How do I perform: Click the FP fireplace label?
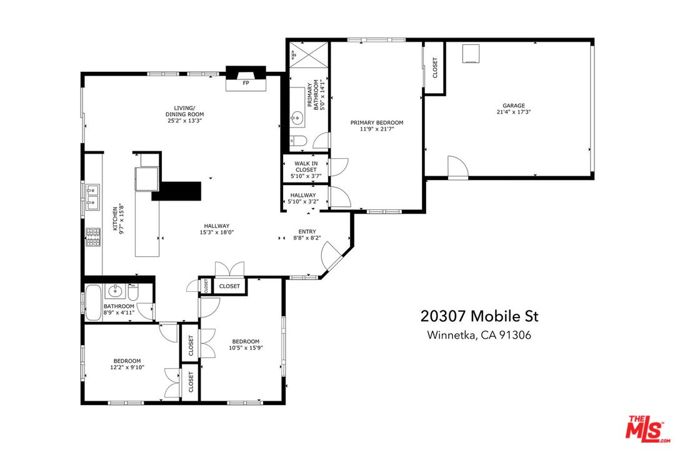coord(246,82)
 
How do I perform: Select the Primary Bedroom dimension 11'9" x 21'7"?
coord(376,129)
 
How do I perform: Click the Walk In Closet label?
coord(306,167)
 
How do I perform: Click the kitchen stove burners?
coord(92,237)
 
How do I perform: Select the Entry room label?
coord(306,231)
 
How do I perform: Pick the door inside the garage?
coord(457,166)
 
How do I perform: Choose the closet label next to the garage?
coord(435,68)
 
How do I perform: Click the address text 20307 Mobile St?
coord(479,316)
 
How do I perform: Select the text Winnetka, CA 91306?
coord(479,336)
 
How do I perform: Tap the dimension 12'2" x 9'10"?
coord(127,367)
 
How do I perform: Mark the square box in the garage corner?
coord(471,54)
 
